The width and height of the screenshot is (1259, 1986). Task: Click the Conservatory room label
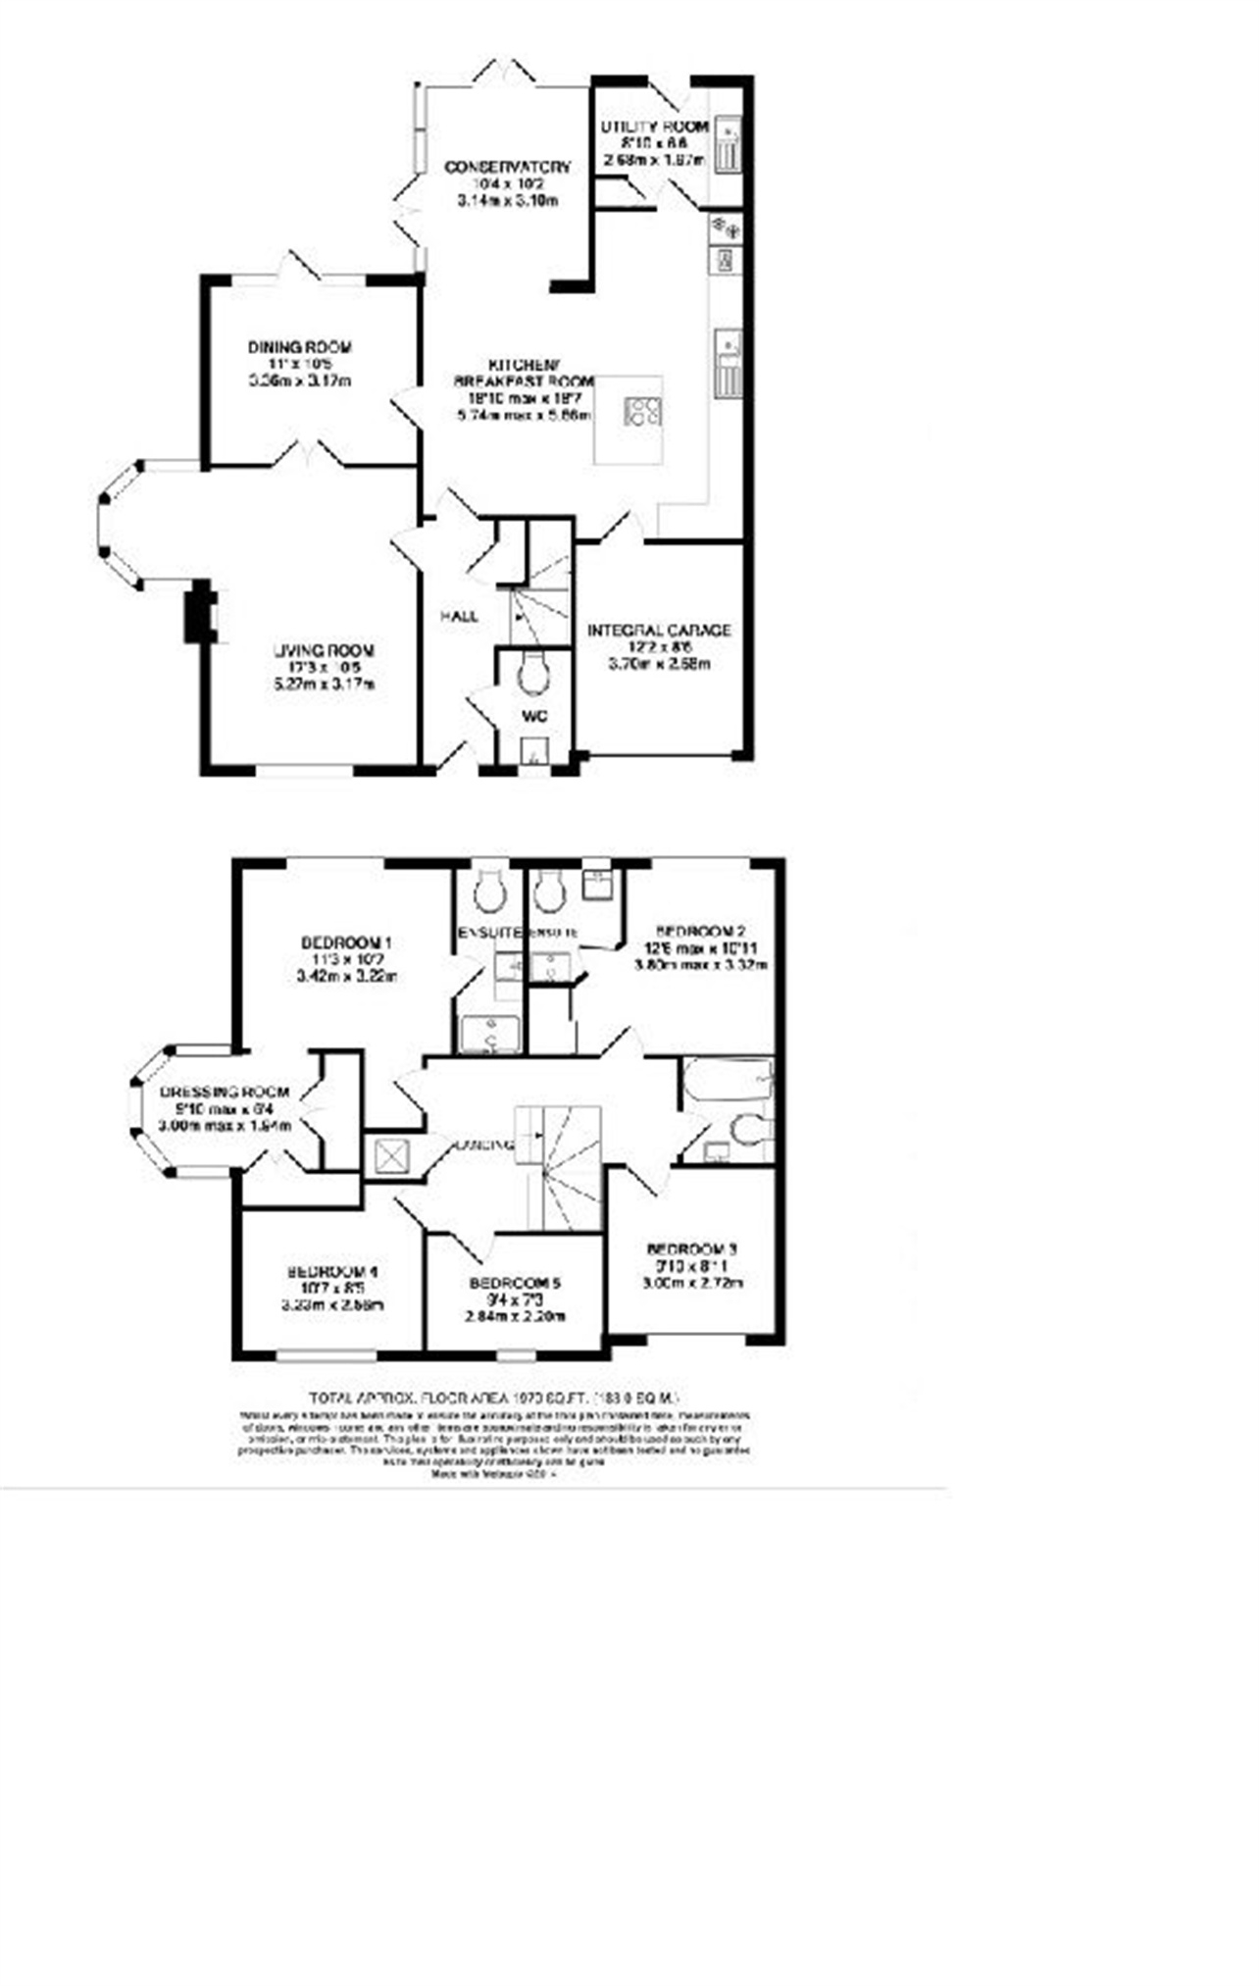(507, 168)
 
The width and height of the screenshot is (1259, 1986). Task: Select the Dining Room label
(299, 347)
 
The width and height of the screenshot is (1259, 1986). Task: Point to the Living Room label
(324, 650)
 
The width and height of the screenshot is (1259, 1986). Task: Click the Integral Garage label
(659, 631)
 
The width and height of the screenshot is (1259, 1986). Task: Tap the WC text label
(533, 717)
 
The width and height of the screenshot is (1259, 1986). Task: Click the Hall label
(459, 616)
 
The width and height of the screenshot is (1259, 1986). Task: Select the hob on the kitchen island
(642, 410)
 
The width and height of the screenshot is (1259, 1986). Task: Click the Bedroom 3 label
(691, 1249)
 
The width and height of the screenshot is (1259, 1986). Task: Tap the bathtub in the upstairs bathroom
(728, 1080)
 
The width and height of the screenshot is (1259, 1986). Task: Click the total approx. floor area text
(493, 1398)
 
